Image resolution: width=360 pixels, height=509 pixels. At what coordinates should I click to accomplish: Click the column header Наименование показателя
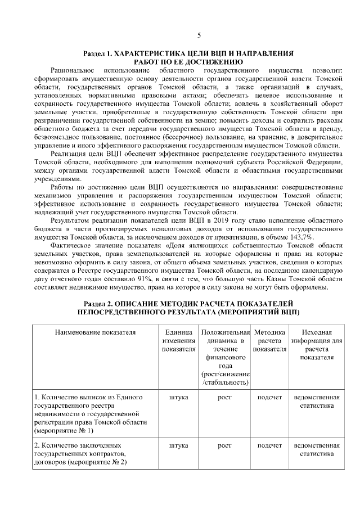pyautogui.click(x=95, y=332)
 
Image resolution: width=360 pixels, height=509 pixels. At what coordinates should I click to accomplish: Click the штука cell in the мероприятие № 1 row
pyautogui.click(x=178, y=397)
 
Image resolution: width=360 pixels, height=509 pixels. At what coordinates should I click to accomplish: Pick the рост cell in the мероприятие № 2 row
pyautogui.click(x=224, y=445)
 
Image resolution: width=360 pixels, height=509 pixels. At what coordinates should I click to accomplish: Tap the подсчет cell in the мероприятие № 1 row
pyautogui.click(x=269, y=397)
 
